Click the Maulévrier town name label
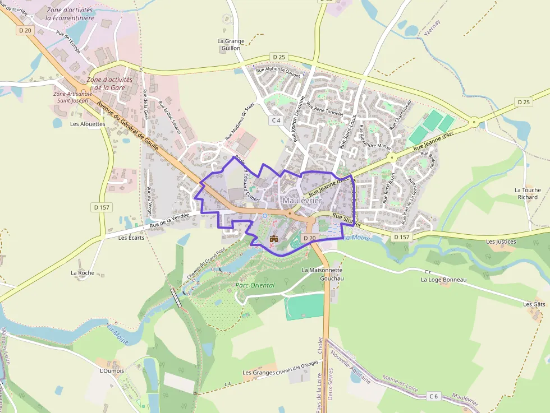(x=302, y=201)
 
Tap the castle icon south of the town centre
(x=274, y=239)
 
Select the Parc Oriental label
(x=255, y=285)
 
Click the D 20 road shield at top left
(x=25, y=31)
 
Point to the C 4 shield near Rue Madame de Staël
(x=276, y=120)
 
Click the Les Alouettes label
(x=88, y=124)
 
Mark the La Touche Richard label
(x=528, y=193)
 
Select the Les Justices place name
(x=501, y=242)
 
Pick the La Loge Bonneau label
(x=443, y=280)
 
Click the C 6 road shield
(x=433, y=396)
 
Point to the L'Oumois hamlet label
(x=111, y=371)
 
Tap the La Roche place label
(x=82, y=273)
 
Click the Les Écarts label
(x=131, y=238)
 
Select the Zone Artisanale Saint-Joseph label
(x=71, y=97)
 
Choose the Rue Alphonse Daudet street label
(x=278, y=72)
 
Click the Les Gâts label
(x=534, y=304)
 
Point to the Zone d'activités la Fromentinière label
(x=71, y=13)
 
